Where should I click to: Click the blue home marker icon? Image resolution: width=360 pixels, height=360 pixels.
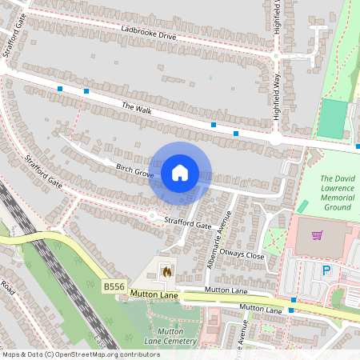pos(180,173)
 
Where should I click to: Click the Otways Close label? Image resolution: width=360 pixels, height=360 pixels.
pos(244,255)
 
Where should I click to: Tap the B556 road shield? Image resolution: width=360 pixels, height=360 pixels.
pos(114,285)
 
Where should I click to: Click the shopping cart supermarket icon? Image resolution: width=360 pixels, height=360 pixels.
pos(318,236)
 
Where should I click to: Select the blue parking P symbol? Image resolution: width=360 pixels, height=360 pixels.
pos(326,271)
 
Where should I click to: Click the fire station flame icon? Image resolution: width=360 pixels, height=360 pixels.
pos(166,272)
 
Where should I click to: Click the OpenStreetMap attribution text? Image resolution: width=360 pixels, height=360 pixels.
pos(80,354)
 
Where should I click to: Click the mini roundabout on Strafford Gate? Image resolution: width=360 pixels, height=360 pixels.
pos(152,214)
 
